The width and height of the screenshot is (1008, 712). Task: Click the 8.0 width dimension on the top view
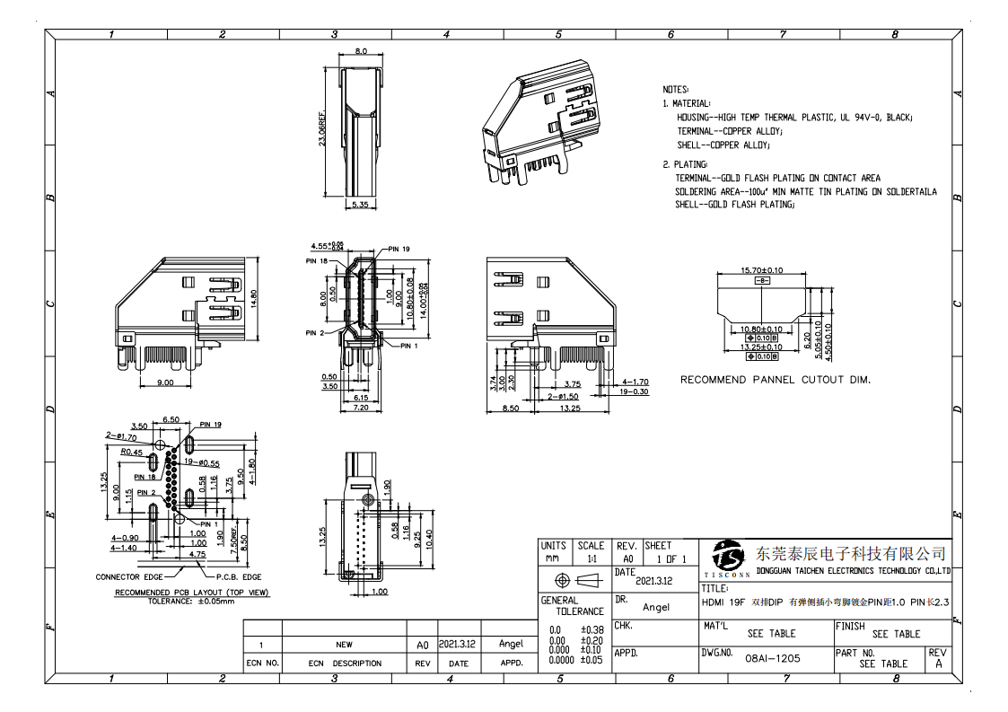tap(361, 52)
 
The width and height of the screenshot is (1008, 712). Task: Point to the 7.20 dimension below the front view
tap(361, 407)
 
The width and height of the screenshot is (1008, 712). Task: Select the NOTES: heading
tap(675, 90)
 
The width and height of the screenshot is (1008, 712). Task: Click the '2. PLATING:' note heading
tap(685, 164)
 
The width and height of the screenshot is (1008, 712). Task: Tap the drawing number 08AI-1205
tap(773, 657)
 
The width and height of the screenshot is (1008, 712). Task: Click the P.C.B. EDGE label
tap(239, 576)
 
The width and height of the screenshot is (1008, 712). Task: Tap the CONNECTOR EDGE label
tap(130, 576)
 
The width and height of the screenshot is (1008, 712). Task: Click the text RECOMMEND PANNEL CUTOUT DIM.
tap(775, 380)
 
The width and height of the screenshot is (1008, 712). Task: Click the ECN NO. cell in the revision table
tap(262, 664)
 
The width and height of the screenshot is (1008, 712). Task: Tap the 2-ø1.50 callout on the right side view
tap(562, 396)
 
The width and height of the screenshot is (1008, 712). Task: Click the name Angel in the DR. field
tap(656, 607)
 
